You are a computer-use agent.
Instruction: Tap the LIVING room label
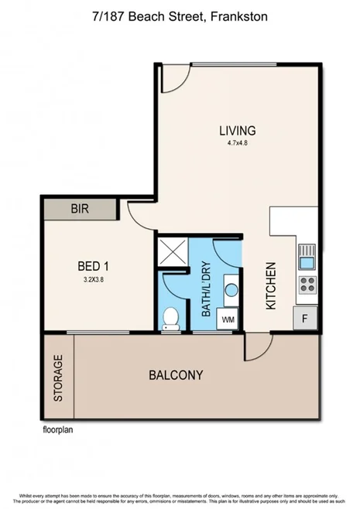pyautogui.click(x=237, y=131)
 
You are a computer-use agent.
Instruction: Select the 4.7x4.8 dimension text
pyautogui.click(x=237, y=143)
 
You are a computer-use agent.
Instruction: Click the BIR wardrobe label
pyautogui.click(x=80, y=209)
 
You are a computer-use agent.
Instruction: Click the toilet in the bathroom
pyautogui.click(x=171, y=317)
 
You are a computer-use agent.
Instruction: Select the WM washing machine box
pyautogui.click(x=228, y=318)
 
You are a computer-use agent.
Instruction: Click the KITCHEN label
pyautogui.click(x=271, y=287)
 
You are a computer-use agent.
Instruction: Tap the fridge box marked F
pyautogui.click(x=306, y=316)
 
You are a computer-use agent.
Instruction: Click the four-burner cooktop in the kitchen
pyautogui.click(x=307, y=283)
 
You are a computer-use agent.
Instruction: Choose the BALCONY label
pyautogui.click(x=176, y=375)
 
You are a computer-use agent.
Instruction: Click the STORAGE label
pyautogui.click(x=58, y=378)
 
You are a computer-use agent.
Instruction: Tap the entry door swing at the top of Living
pyautogui.click(x=175, y=77)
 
